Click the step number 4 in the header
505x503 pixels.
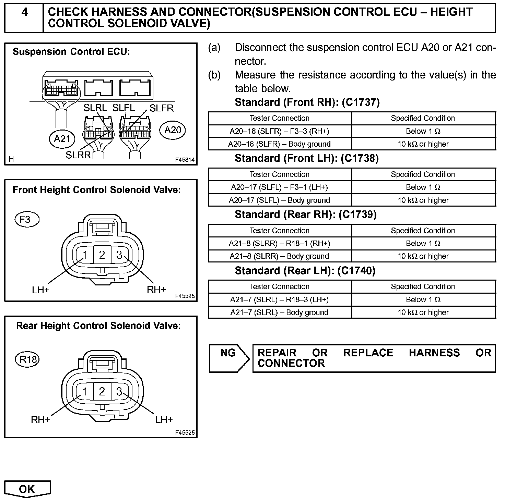[24, 12]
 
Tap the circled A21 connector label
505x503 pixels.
[62, 138]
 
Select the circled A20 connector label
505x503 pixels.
[173, 130]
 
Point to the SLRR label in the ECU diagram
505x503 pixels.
[78, 155]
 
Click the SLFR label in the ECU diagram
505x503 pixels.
[162, 108]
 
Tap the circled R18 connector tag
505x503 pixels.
[28, 359]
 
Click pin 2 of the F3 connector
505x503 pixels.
[102, 255]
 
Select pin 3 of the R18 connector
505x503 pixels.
[119, 391]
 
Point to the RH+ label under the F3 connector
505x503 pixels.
[156, 290]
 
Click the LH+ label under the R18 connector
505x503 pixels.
[164, 419]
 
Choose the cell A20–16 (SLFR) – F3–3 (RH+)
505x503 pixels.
[280, 131]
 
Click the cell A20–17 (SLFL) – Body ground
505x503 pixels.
[280, 200]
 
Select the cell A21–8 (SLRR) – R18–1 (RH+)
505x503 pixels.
[280, 244]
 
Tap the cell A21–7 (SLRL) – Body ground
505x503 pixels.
[280, 312]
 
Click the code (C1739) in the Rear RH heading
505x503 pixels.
[357, 214]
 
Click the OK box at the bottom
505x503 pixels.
[27, 489]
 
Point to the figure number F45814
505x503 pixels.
[185, 160]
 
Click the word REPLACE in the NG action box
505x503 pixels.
[368, 353]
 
